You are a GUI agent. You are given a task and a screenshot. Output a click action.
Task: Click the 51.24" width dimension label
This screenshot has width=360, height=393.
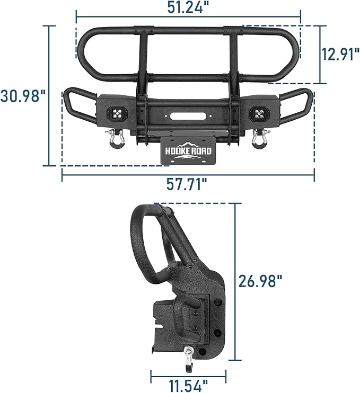point(188,7)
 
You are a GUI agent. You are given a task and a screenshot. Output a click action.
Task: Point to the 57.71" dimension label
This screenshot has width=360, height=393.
point(187,185)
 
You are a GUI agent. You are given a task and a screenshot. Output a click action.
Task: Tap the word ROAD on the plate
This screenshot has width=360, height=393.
point(201,151)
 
